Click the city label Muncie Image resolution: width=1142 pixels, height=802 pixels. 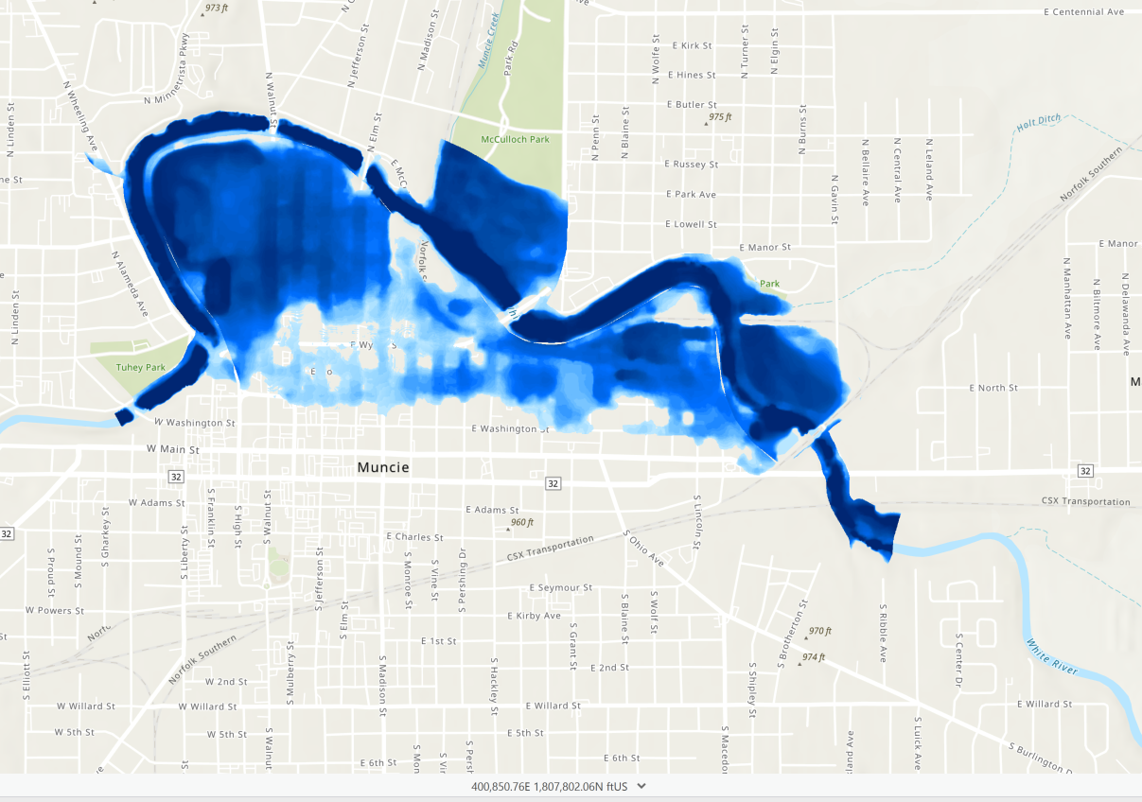tap(383, 467)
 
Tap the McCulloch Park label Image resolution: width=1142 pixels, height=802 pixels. tap(515, 139)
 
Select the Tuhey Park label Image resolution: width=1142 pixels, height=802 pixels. tap(140, 367)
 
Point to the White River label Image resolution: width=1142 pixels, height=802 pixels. tap(1052, 657)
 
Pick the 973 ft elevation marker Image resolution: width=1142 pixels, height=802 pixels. tap(217, 8)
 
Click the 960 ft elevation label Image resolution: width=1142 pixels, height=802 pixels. tap(522, 522)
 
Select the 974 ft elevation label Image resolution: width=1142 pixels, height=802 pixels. tap(814, 657)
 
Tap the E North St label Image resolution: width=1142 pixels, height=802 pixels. tap(993, 388)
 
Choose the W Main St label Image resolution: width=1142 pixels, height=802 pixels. tap(173, 449)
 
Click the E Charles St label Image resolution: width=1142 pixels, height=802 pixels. tap(414, 537)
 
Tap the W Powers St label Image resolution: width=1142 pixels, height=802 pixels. tap(56, 610)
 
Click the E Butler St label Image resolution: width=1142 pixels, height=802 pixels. tap(692, 105)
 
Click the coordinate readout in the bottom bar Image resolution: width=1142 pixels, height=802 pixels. tap(551, 786)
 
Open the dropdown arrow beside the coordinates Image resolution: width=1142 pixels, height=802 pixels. tap(641, 786)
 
